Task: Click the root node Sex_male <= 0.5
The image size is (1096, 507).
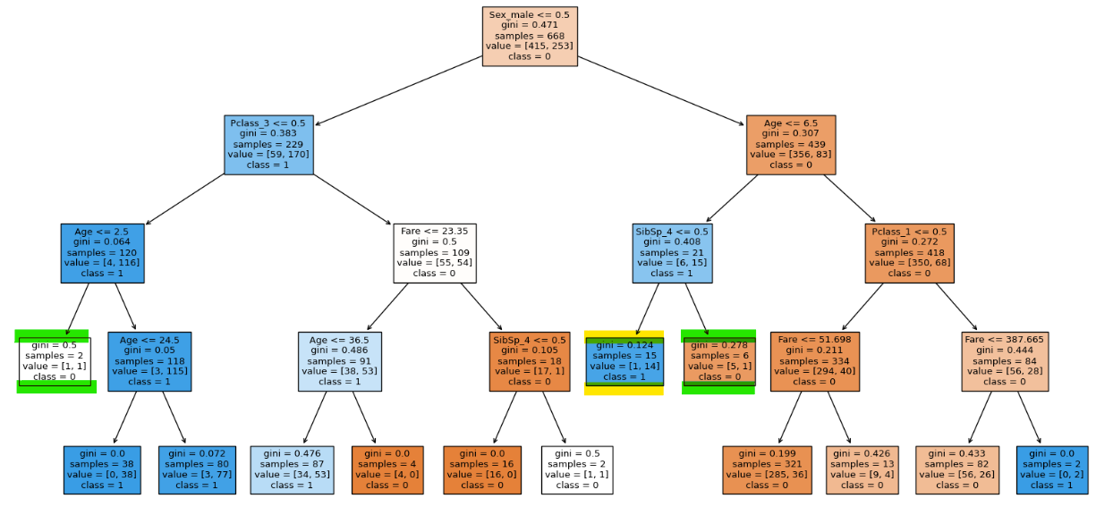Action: pos(530,36)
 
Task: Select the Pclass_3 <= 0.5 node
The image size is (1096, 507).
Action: pos(268,145)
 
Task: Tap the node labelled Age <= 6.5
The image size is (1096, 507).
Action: pos(791,145)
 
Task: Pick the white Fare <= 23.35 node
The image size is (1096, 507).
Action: pos(435,253)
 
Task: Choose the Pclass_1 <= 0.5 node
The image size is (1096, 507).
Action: pos(910,253)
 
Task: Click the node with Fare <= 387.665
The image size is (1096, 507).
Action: pos(1005,362)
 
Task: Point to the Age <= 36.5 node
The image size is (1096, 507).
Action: pos(340,362)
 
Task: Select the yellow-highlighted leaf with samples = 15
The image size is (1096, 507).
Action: pos(624,362)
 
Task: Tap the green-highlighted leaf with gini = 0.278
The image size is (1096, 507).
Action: pos(719,362)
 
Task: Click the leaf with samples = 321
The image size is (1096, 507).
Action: pos(768,469)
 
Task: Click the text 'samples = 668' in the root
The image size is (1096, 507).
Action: pos(530,36)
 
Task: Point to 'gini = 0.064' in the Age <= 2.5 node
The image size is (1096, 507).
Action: pos(102,242)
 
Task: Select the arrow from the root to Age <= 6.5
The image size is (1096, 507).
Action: pos(661,91)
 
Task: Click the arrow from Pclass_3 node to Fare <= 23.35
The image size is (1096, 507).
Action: pos(353,199)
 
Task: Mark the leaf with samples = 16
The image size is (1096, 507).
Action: pos(482,469)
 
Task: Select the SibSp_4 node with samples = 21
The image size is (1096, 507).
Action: pos(672,253)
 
